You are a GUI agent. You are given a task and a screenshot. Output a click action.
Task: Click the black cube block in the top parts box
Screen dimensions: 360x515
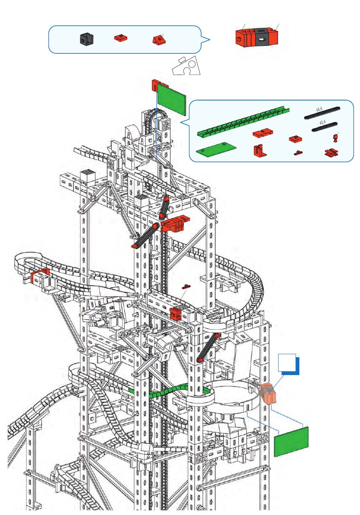click(x=86, y=39)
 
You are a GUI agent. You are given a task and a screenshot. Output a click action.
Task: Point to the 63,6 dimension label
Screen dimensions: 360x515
click(x=319, y=110)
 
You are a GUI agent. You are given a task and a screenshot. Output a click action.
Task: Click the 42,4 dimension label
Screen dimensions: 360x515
click(x=322, y=123)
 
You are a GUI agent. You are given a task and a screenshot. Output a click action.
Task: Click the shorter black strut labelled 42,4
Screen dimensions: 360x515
click(x=325, y=127)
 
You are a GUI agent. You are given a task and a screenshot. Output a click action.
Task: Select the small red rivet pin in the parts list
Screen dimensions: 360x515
click(x=335, y=137)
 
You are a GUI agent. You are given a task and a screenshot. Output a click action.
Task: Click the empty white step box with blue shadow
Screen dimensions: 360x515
click(x=287, y=363)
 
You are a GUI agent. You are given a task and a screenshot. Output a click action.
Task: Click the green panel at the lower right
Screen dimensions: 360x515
click(x=291, y=441)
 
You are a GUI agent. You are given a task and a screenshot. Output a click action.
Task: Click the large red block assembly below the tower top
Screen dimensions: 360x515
click(x=175, y=224)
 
